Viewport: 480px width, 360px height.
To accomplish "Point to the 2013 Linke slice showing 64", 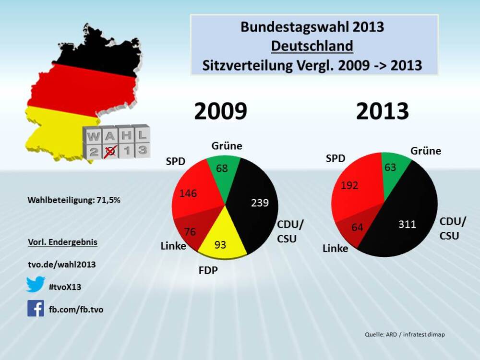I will pyautogui.click(x=354, y=229).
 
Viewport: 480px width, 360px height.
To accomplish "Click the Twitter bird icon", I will pyautogui.click(x=36, y=285).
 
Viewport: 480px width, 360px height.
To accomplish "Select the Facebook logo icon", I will pyautogui.click(x=36, y=308).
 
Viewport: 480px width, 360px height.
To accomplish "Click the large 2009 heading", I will pyautogui.click(x=220, y=112).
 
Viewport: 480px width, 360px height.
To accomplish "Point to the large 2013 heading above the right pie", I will pyautogui.click(x=383, y=112).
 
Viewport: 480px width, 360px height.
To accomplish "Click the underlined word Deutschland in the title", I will pyautogui.click(x=312, y=46).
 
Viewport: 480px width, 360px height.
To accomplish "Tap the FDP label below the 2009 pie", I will pyautogui.click(x=208, y=270).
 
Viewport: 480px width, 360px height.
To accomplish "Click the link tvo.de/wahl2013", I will pyautogui.click(x=62, y=264).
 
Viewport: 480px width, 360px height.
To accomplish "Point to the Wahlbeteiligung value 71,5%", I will pyautogui.click(x=110, y=200).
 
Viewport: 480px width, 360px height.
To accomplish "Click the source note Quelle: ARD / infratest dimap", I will pyautogui.click(x=405, y=334).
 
